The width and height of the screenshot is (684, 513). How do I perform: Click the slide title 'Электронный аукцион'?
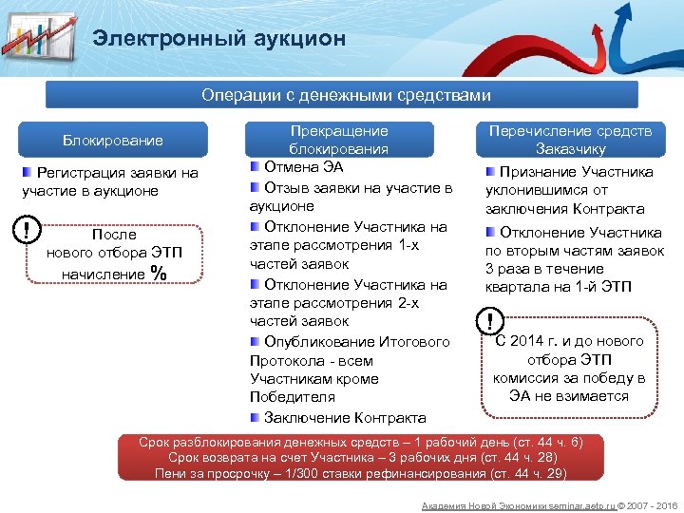(218, 39)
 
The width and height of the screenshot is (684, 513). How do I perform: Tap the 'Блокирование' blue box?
(113, 141)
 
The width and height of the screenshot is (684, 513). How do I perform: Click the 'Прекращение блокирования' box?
(338, 140)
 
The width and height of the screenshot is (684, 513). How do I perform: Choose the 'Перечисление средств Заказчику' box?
(570, 140)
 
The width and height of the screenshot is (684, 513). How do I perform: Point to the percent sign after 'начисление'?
(158, 274)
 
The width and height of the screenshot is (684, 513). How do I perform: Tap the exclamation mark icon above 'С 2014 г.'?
(490, 321)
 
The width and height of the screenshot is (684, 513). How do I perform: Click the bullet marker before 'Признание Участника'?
(490, 172)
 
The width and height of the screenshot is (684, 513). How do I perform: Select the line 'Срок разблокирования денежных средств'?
(361, 443)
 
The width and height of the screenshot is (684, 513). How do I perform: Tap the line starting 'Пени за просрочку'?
(361, 473)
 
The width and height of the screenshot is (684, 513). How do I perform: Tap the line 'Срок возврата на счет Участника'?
(361, 458)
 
